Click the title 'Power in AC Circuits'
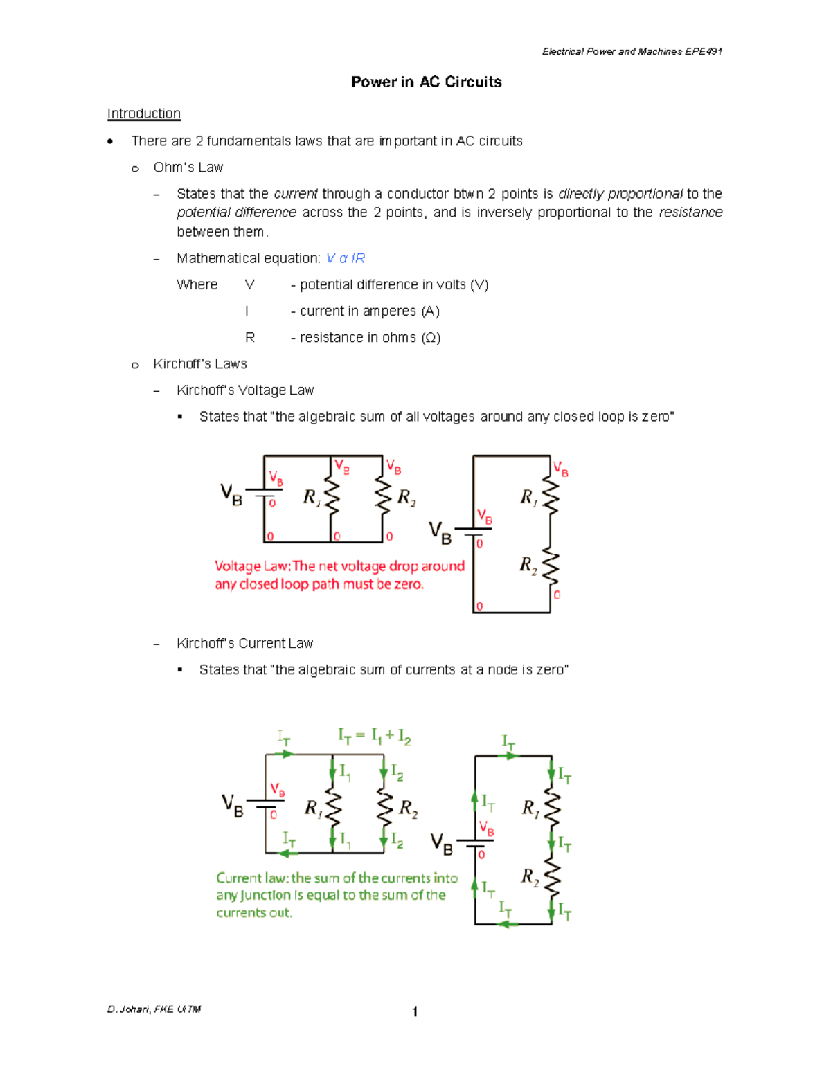426,82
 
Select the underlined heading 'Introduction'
143,114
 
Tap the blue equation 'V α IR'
345,258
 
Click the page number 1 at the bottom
415,1012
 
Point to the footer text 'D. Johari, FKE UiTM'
154,1009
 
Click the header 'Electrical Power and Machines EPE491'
632,51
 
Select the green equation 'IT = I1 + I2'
374,736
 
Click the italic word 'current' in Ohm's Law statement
296,194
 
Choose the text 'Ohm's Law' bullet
188,168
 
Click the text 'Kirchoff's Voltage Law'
245,390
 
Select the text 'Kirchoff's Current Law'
244,644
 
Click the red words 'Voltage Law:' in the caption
253,566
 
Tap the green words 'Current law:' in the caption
253,878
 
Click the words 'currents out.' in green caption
254,913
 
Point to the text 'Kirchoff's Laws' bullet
199,364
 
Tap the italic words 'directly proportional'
620,194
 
